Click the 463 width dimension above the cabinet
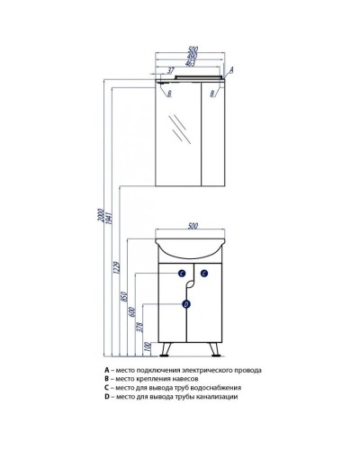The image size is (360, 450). (x=190, y=64)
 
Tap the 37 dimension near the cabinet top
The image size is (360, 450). (x=171, y=71)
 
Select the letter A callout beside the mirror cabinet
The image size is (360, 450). (x=231, y=70)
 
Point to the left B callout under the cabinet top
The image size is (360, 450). (x=169, y=94)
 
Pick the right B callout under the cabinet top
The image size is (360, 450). (x=212, y=94)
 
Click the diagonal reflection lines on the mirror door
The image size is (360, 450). (x=180, y=130)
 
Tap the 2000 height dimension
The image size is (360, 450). (x=101, y=216)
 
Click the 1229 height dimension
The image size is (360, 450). (x=117, y=267)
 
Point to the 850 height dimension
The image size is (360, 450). (x=125, y=296)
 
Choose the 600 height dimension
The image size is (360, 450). (x=133, y=312)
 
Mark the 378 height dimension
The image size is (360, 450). (x=141, y=328)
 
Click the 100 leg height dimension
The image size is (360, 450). (x=147, y=347)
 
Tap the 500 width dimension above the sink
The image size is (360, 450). (x=193, y=226)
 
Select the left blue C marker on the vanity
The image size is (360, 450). (x=182, y=274)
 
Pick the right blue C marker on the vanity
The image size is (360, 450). (x=204, y=274)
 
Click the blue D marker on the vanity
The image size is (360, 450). (x=186, y=304)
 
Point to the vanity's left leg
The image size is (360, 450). (x=166, y=349)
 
